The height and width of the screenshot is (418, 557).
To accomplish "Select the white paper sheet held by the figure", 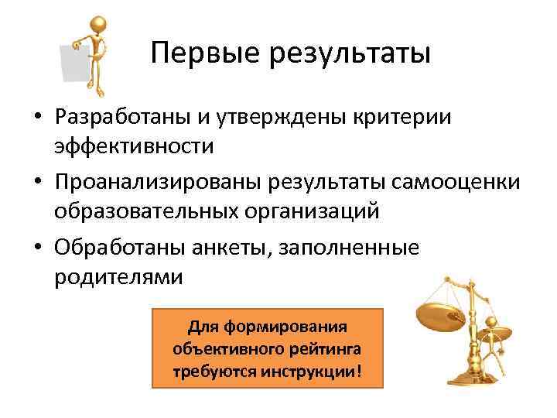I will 75,62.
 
